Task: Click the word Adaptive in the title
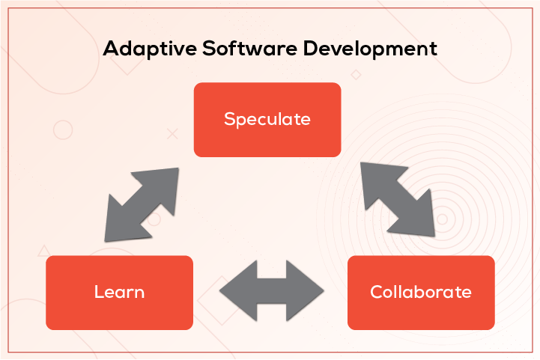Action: [141, 50]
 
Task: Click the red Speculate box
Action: [267, 119]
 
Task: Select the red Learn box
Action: [119, 292]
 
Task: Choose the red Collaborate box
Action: [421, 292]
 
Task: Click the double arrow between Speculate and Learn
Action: [142, 204]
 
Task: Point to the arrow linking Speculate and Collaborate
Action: [397, 198]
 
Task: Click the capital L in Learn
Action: [98, 292]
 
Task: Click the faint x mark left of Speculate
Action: [172, 134]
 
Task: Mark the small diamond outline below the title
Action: [356, 74]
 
